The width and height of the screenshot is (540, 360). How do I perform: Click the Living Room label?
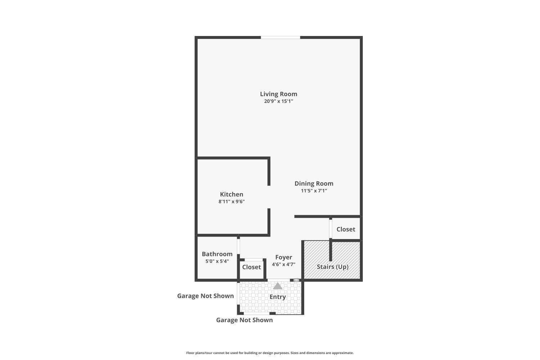point(278,94)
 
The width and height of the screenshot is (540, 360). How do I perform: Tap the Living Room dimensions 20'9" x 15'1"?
point(278,101)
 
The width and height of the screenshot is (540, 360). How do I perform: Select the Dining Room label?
point(314,184)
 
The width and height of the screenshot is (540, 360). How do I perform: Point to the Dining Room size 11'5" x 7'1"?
point(314,191)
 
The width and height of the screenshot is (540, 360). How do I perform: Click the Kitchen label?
point(231,194)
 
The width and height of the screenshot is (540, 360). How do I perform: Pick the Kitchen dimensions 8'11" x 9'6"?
point(231,201)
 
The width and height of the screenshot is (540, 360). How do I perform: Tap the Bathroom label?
point(217,254)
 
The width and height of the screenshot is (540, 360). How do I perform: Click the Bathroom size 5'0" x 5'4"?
point(217,261)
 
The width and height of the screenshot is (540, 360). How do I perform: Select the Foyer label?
point(284,257)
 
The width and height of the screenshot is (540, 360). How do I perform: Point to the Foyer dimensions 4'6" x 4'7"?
point(284,264)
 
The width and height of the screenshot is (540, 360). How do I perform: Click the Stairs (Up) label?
point(332,267)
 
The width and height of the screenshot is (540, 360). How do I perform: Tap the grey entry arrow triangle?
point(278,286)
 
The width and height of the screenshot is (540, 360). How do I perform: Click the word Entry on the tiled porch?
point(278,297)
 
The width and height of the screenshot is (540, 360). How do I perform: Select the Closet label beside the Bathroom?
point(251,267)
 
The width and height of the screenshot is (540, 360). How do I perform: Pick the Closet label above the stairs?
point(346,229)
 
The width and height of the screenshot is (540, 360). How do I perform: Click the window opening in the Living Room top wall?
point(280,37)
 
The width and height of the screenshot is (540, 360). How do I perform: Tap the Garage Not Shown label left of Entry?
point(206,296)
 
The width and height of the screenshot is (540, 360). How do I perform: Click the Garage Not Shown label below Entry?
point(244,320)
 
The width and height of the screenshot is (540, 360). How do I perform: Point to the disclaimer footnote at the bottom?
point(270,353)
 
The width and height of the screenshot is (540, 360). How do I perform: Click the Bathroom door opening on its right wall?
point(238,246)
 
